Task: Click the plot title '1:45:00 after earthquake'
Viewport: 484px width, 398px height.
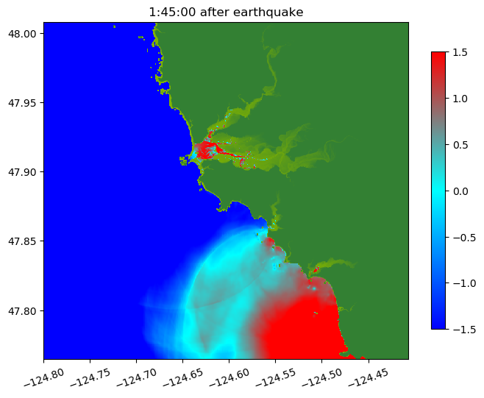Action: (226, 12)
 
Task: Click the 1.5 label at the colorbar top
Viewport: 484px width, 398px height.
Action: (460, 52)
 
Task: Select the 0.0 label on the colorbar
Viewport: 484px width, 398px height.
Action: (460, 191)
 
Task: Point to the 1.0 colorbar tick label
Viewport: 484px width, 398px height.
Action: (460, 98)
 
